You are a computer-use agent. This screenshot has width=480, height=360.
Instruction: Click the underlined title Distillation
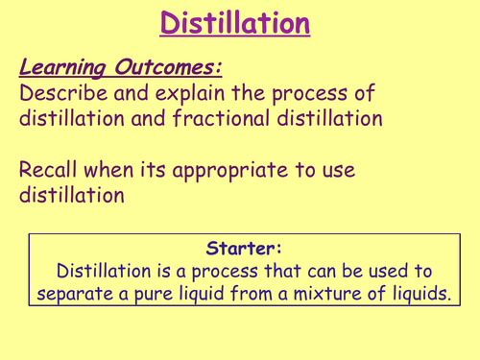coord(235,22)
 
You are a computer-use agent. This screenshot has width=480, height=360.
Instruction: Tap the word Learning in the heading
coord(60,68)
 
